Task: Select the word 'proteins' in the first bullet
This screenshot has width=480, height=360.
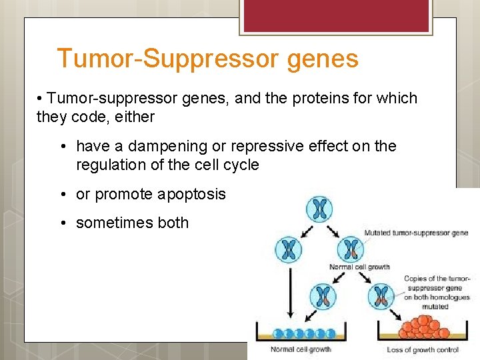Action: click(x=289, y=99)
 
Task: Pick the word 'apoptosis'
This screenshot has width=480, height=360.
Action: click(x=193, y=194)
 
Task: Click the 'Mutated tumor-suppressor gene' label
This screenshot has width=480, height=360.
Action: click(x=416, y=233)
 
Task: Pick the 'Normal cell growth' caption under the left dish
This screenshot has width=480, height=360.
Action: click(x=301, y=349)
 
